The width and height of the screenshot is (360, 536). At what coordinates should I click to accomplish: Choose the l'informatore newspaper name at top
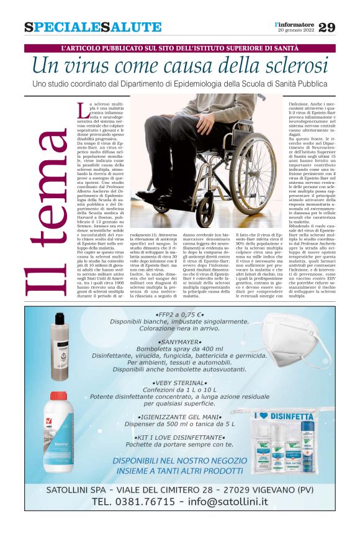click(x=295, y=24)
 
